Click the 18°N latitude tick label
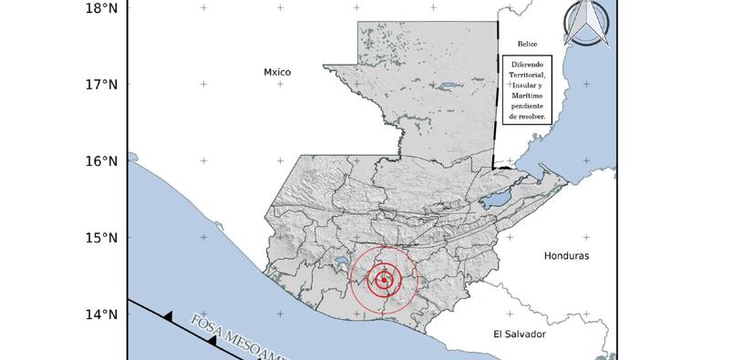[x=99, y=8]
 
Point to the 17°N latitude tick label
[x=99, y=85]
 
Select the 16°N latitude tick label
[x=99, y=161]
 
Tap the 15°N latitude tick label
[x=99, y=238]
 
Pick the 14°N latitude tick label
[x=99, y=314]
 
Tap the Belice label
[x=528, y=44]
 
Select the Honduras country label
[x=566, y=256]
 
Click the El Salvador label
[x=519, y=334]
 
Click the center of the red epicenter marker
[x=384, y=280]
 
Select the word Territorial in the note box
[x=527, y=75]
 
